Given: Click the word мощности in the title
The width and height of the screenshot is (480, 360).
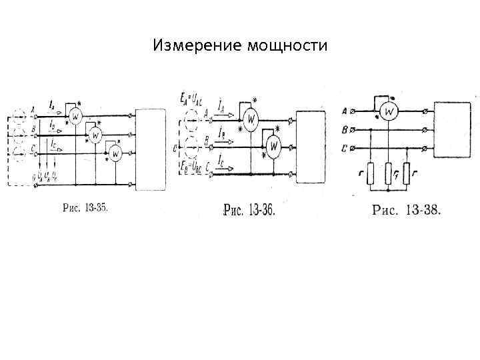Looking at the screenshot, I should tap(287, 46).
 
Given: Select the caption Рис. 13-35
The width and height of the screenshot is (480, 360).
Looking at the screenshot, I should tap(85, 208).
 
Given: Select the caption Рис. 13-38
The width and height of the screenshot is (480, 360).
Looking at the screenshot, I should tap(405, 211).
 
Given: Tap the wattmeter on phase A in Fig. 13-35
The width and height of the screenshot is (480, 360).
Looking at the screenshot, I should tap(75, 117).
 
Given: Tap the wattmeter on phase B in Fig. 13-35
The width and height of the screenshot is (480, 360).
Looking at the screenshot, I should tap(95, 135).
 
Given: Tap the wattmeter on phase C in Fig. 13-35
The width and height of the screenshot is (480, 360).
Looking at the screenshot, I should tap(115, 155).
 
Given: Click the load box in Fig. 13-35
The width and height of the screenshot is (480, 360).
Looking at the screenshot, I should tap(151, 149).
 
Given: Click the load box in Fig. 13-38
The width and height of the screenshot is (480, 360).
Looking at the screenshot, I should tap(453, 129).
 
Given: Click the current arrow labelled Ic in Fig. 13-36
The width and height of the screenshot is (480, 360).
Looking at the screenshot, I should tap(221, 167).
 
